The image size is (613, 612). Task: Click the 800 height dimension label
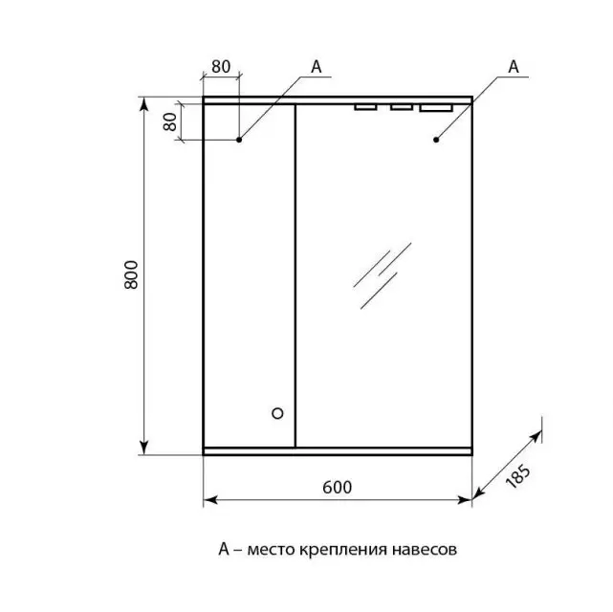click(x=131, y=274)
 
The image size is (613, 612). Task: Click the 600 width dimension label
click(x=337, y=488)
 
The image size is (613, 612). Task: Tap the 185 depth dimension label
click(x=517, y=477)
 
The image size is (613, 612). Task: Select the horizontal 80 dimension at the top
click(x=221, y=67)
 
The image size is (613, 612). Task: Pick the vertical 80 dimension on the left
click(x=170, y=122)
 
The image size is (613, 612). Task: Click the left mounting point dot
click(x=239, y=140)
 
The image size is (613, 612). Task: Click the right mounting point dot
click(x=436, y=140)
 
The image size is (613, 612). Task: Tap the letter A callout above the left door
click(x=317, y=67)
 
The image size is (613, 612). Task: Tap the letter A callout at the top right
click(x=514, y=67)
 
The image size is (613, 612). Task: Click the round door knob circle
click(x=277, y=413)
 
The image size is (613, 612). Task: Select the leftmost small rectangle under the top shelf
click(x=365, y=107)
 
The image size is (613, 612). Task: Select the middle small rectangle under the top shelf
click(x=402, y=107)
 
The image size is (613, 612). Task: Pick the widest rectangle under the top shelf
click(x=436, y=107)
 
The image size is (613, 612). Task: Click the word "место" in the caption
click(x=271, y=550)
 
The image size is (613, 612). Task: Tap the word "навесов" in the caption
click(x=425, y=550)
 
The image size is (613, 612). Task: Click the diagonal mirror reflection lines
click(x=382, y=275)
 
